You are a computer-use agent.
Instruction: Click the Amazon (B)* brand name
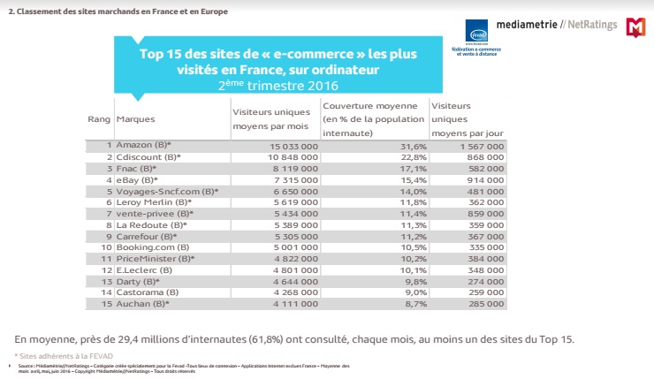[x=143, y=144]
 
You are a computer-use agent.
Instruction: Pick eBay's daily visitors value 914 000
[x=484, y=179]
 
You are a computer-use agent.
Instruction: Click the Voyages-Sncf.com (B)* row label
[x=167, y=191]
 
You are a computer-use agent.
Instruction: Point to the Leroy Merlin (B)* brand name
[x=156, y=201]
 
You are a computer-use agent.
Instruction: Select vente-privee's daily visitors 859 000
[x=484, y=213]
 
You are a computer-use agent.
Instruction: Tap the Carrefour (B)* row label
[x=148, y=236]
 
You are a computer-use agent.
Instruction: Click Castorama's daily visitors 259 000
[x=484, y=292]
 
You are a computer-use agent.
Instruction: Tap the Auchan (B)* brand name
[x=143, y=304]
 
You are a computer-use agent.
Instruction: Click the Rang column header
[x=97, y=117]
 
